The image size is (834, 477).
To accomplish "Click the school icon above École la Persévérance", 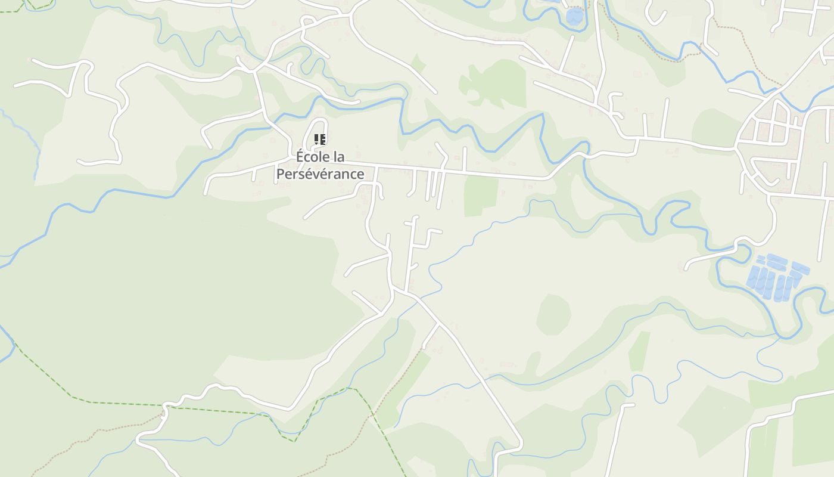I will [x=320, y=140].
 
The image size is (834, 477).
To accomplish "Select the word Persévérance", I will [x=320, y=174].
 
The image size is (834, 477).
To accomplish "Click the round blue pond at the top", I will [x=574, y=16].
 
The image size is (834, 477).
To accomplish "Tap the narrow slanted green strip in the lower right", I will [x=639, y=351].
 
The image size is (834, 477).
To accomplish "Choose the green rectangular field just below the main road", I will [x=481, y=195].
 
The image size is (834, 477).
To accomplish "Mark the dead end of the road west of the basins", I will [x=686, y=268].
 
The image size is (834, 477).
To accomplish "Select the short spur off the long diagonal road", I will [x=430, y=337].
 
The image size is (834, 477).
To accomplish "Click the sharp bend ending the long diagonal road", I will [x=519, y=444].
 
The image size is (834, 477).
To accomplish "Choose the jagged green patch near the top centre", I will [x=494, y=83].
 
